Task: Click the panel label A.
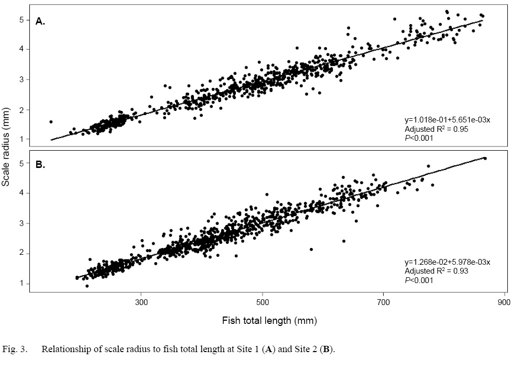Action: tap(40, 21)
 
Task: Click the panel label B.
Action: tap(40, 165)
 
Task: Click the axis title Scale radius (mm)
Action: tap(7, 152)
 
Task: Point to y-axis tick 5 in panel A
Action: tap(23, 20)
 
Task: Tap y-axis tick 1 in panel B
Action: tap(23, 284)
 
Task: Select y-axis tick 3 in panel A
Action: tap(23, 80)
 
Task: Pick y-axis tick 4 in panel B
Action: tap(23, 193)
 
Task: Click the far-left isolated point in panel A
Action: tap(51, 122)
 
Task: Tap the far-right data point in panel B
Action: tap(485, 158)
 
